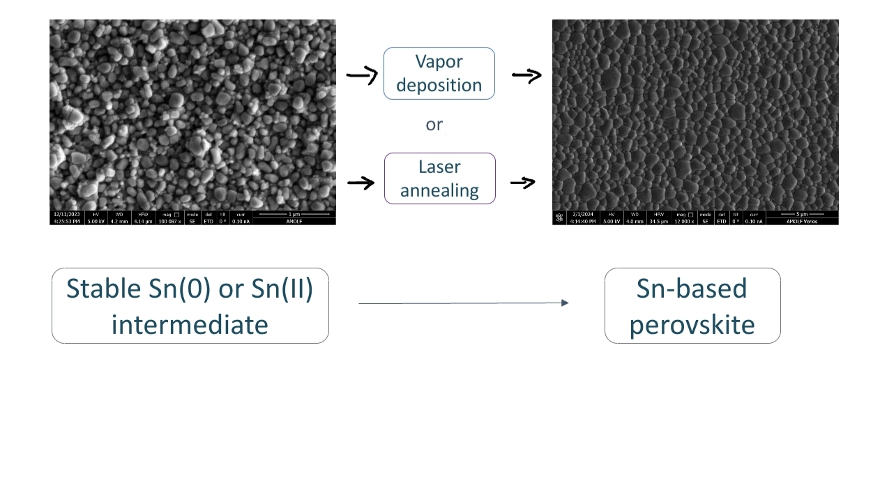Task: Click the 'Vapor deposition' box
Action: coord(439,73)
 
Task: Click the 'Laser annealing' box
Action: coord(439,178)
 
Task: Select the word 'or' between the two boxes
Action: coord(434,125)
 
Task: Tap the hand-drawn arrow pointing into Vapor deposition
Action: coord(362,75)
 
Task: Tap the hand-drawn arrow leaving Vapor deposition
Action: coord(526,75)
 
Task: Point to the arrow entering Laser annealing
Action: coord(361,183)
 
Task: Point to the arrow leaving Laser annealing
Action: coord(523,183)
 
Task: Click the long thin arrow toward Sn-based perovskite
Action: coord(463,303)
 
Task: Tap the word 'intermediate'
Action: coord(190,324)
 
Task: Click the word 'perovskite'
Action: coord(692,325)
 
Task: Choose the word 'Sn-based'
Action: coord(692,289)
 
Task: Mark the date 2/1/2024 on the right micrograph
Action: coord(582,214)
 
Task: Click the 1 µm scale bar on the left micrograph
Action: coord(294,214)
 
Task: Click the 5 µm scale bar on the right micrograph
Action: coord(801,214)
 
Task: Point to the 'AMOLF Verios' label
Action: coord(802,221)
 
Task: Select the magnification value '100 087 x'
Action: coord(170,221)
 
